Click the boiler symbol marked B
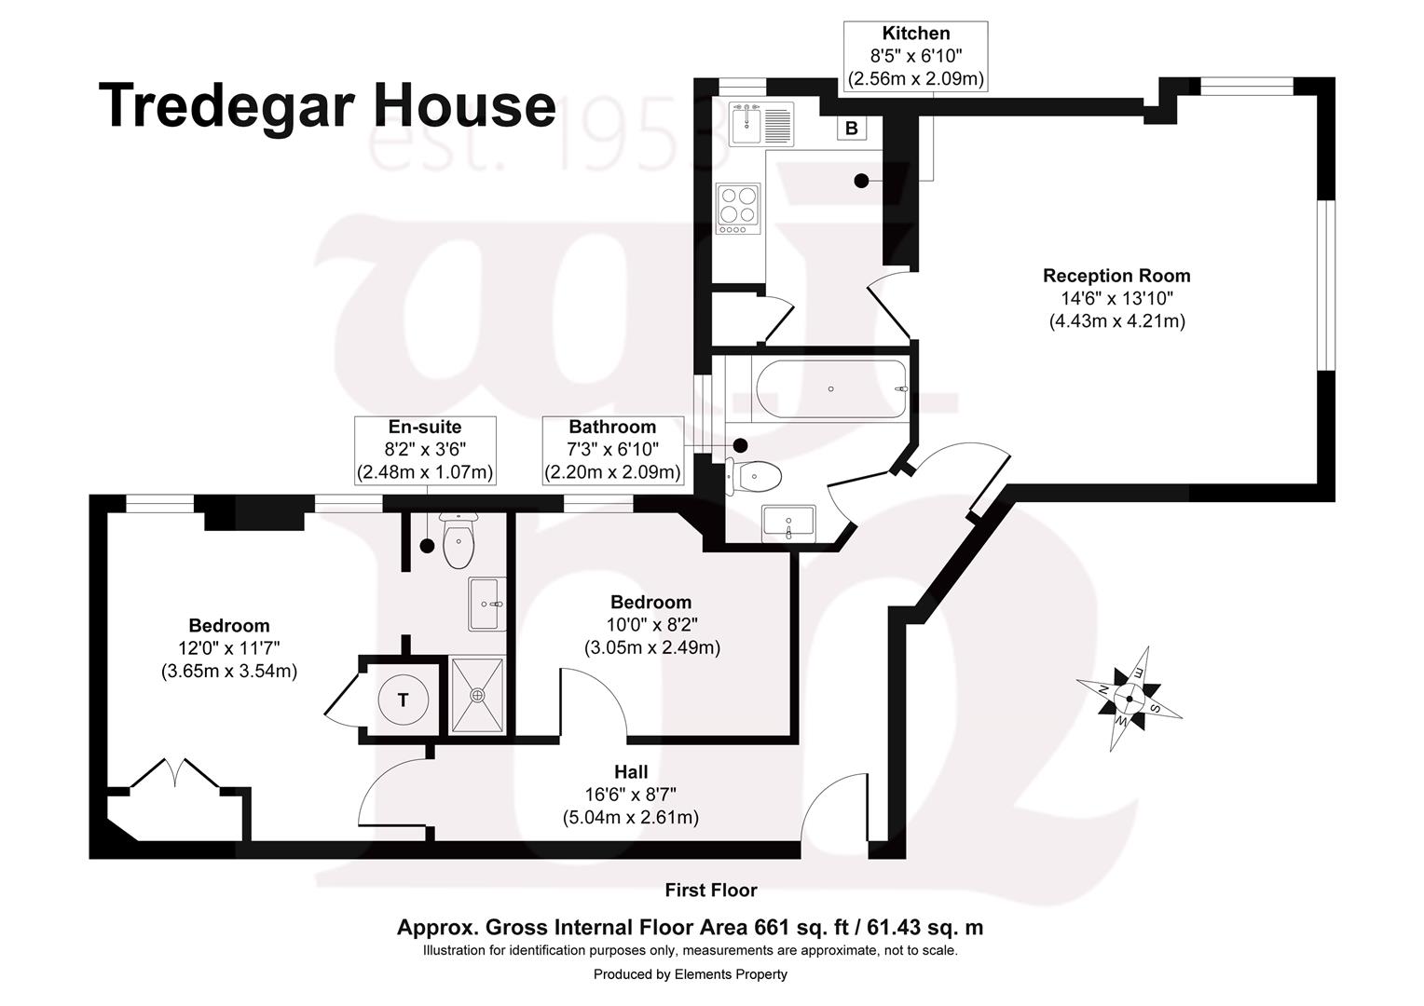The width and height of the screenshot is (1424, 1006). (852, 129)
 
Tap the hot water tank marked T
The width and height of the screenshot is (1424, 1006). (404, 700)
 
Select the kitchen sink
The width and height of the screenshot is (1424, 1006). (762, 124)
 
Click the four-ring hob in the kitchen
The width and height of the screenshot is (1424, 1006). (738, 209)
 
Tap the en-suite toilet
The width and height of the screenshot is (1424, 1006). (459, 544)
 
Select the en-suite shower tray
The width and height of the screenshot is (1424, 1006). (478, 695)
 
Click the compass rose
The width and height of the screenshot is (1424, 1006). (1129, 698)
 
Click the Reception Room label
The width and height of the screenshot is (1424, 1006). (1116, 276)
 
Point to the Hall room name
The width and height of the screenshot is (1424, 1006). (631, 772)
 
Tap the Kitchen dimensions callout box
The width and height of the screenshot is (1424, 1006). (914, 57)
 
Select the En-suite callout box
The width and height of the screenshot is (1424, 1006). (425, 450)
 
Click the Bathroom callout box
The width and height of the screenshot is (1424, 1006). (612, 450)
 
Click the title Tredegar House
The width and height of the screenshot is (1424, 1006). (327, 105)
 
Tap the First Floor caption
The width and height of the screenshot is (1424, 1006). (711, 890)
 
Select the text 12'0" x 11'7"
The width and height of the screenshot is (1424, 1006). (228, 648)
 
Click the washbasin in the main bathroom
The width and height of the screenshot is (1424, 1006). (789, 523)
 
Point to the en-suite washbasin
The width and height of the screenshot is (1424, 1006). (486, 604)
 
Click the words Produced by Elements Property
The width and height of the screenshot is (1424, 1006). (690, 974)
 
